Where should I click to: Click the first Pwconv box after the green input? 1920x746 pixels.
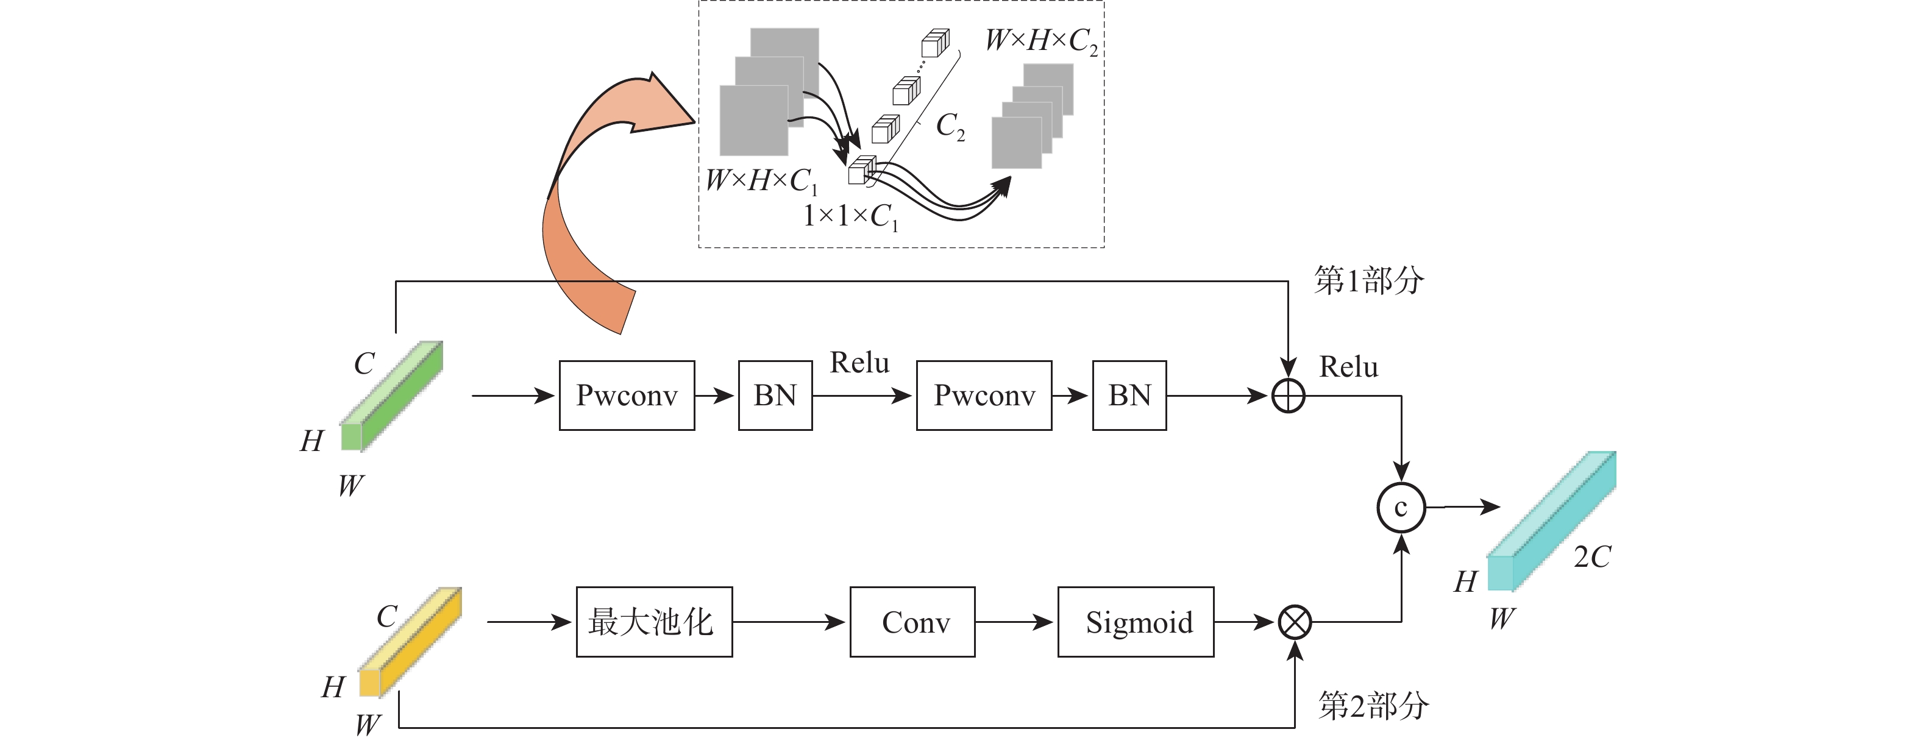click(x=627, y=396)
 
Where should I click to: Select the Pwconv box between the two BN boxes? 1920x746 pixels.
click(x=984, y=396)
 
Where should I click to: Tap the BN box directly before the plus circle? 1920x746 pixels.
click(x=1129, y=396)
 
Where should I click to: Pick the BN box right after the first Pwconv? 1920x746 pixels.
click(x=775, y=396)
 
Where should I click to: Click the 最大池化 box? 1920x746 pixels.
click(x=653, y=622)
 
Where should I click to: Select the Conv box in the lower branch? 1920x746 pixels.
click(x=912, y=622)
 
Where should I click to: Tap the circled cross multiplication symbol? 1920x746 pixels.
click(x=1295, y=622)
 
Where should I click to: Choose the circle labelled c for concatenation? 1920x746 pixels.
click(x=1401, y=508)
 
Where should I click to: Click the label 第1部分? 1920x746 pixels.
click(x=1368, y=281)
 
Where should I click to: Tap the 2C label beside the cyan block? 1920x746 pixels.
click(x=1592, y=556)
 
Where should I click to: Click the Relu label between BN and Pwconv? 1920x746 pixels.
click(x=859, y=363)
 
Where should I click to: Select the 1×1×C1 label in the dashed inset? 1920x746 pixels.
click(x=850, y=217)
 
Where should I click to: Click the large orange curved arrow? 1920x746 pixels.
click(x=589, y=208)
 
